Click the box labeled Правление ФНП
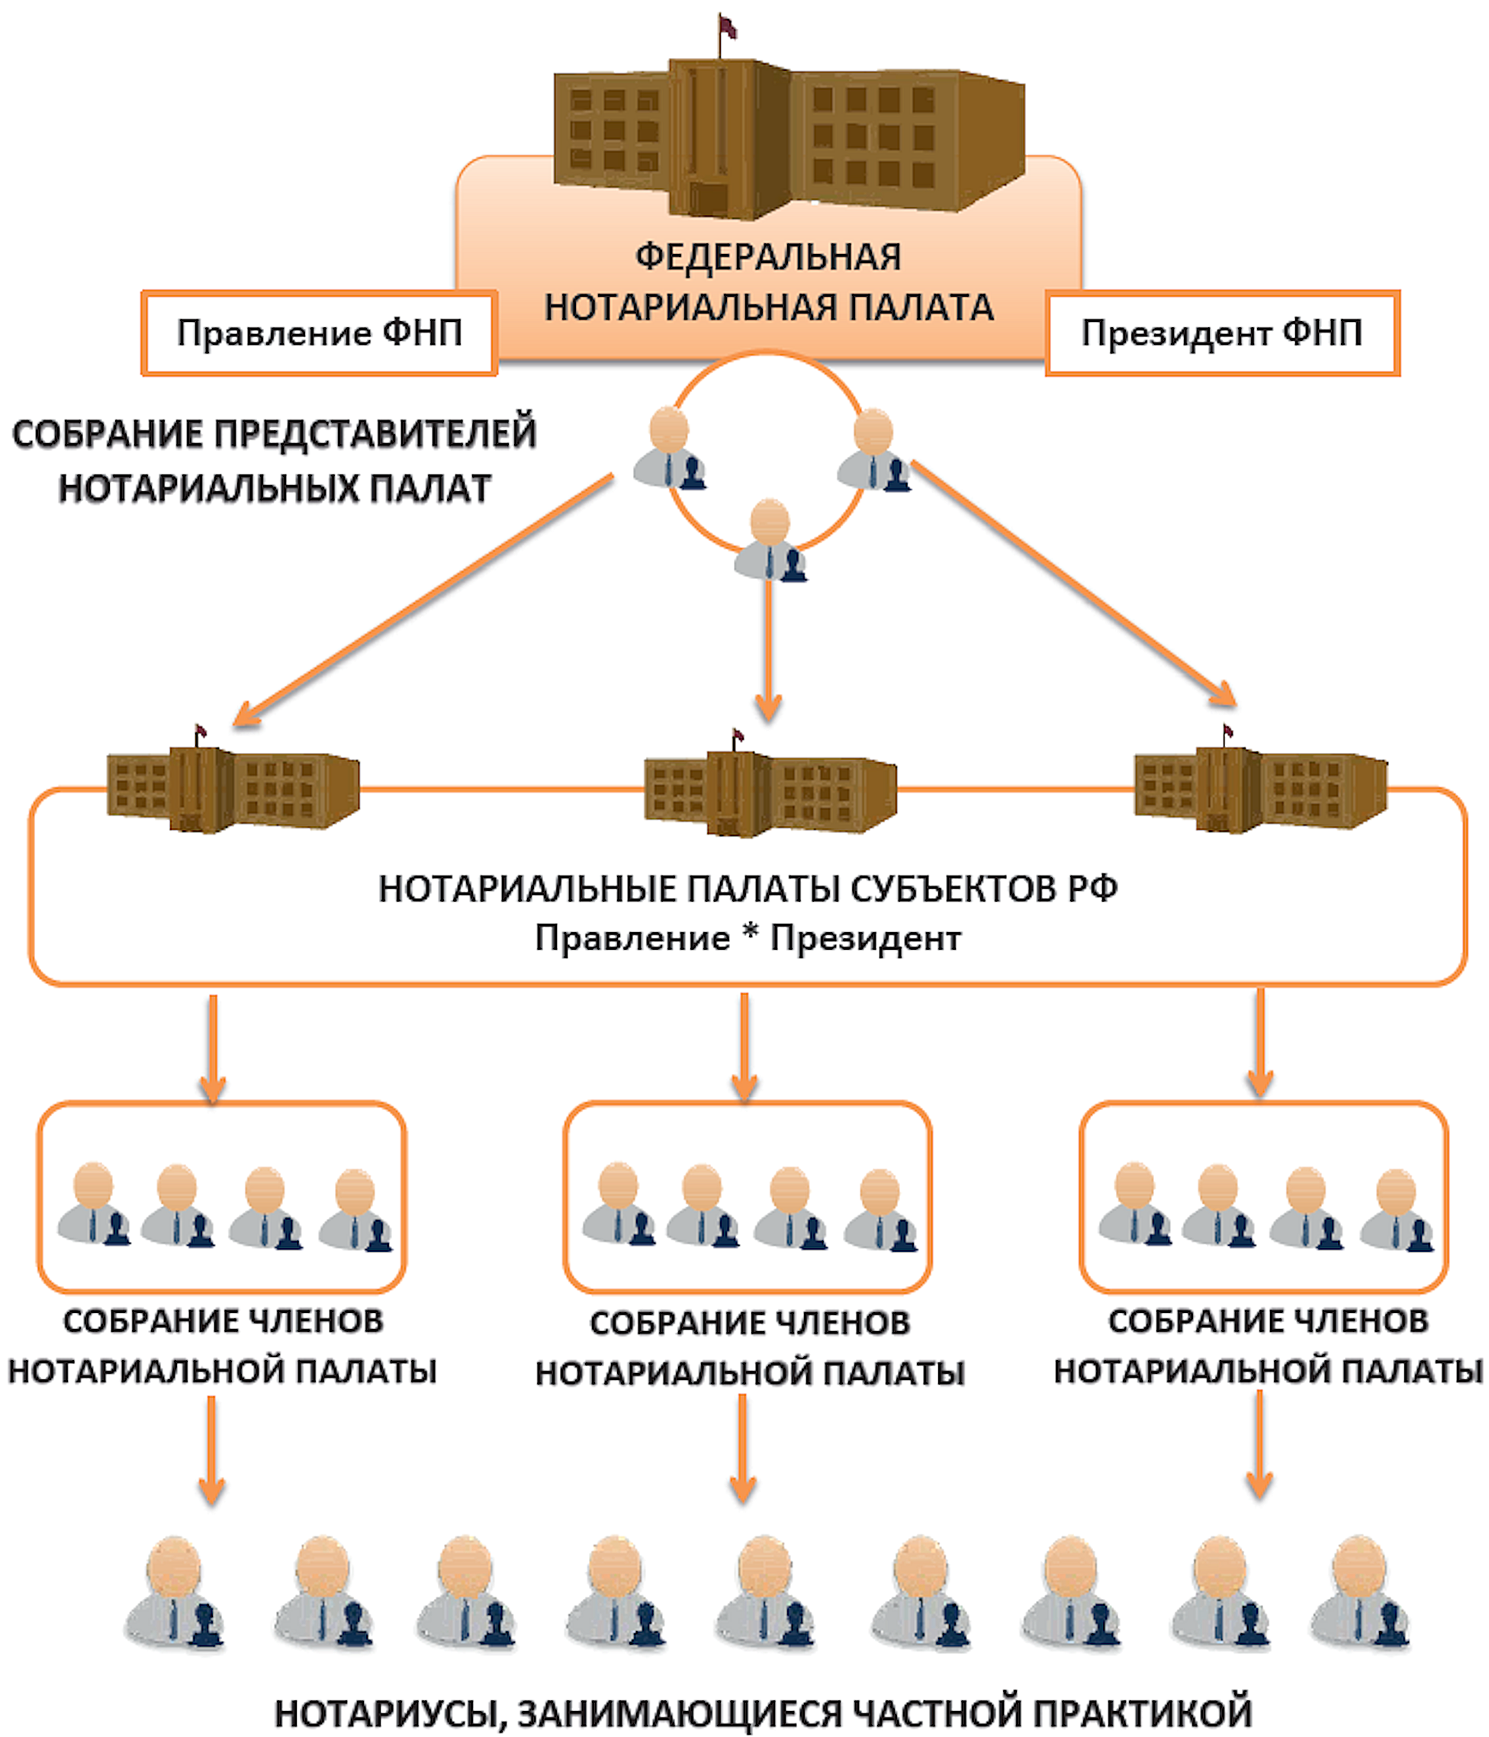[319, 333]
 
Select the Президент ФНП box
[1221, 333]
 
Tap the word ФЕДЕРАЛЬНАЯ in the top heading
[768, 256]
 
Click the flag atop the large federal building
[727, 27]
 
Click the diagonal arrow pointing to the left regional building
[423, 600]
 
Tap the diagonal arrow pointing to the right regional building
[1073, 583]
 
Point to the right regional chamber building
[1260, 788]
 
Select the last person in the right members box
[1396, 1209]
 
